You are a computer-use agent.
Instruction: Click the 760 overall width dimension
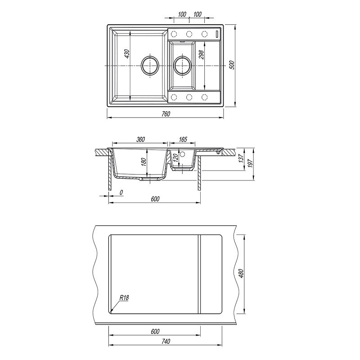166,114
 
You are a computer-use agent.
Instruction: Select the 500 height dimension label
232,65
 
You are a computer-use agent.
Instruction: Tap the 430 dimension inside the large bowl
127,54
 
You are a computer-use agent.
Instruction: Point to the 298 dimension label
202,54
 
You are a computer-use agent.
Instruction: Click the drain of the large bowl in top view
150,65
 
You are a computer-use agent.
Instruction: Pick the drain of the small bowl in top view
182,65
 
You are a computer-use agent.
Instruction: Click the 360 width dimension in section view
140,139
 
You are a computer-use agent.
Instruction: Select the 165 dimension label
183,139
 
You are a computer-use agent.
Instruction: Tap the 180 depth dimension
144,162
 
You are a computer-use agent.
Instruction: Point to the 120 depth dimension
175,158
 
